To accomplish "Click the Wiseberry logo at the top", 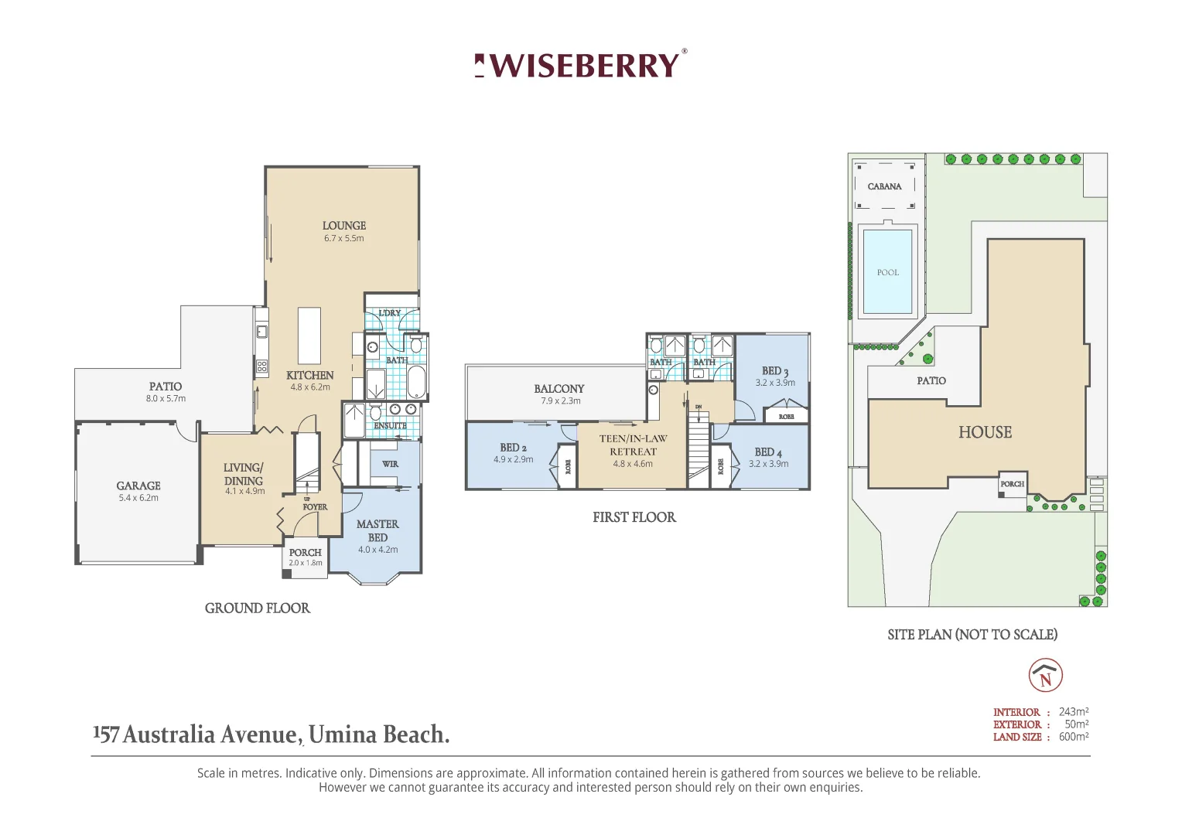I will [579, 65].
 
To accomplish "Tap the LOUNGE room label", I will [344, 226].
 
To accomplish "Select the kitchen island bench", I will [309, 336].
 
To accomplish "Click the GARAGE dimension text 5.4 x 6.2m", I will [138, 498].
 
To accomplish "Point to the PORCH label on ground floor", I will [305, 553].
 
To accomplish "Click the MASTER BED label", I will [377, 530].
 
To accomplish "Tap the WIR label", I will [391, 464].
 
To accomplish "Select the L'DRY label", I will [390, 313].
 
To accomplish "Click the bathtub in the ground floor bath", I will [415, 381].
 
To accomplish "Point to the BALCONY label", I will [559, 389].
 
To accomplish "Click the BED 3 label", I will [774, 371].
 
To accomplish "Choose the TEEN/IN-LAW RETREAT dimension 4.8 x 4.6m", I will [633, 464].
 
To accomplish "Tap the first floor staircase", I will [699, 448].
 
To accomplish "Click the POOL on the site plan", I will [887, 272].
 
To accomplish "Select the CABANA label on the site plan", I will [884, 186].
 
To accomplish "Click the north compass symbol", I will [1045, 676].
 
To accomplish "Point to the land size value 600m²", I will [1074, 737].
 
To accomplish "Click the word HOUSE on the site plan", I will [985, 432].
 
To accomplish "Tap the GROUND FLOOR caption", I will [257, 608].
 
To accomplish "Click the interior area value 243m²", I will [1074, 712].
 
